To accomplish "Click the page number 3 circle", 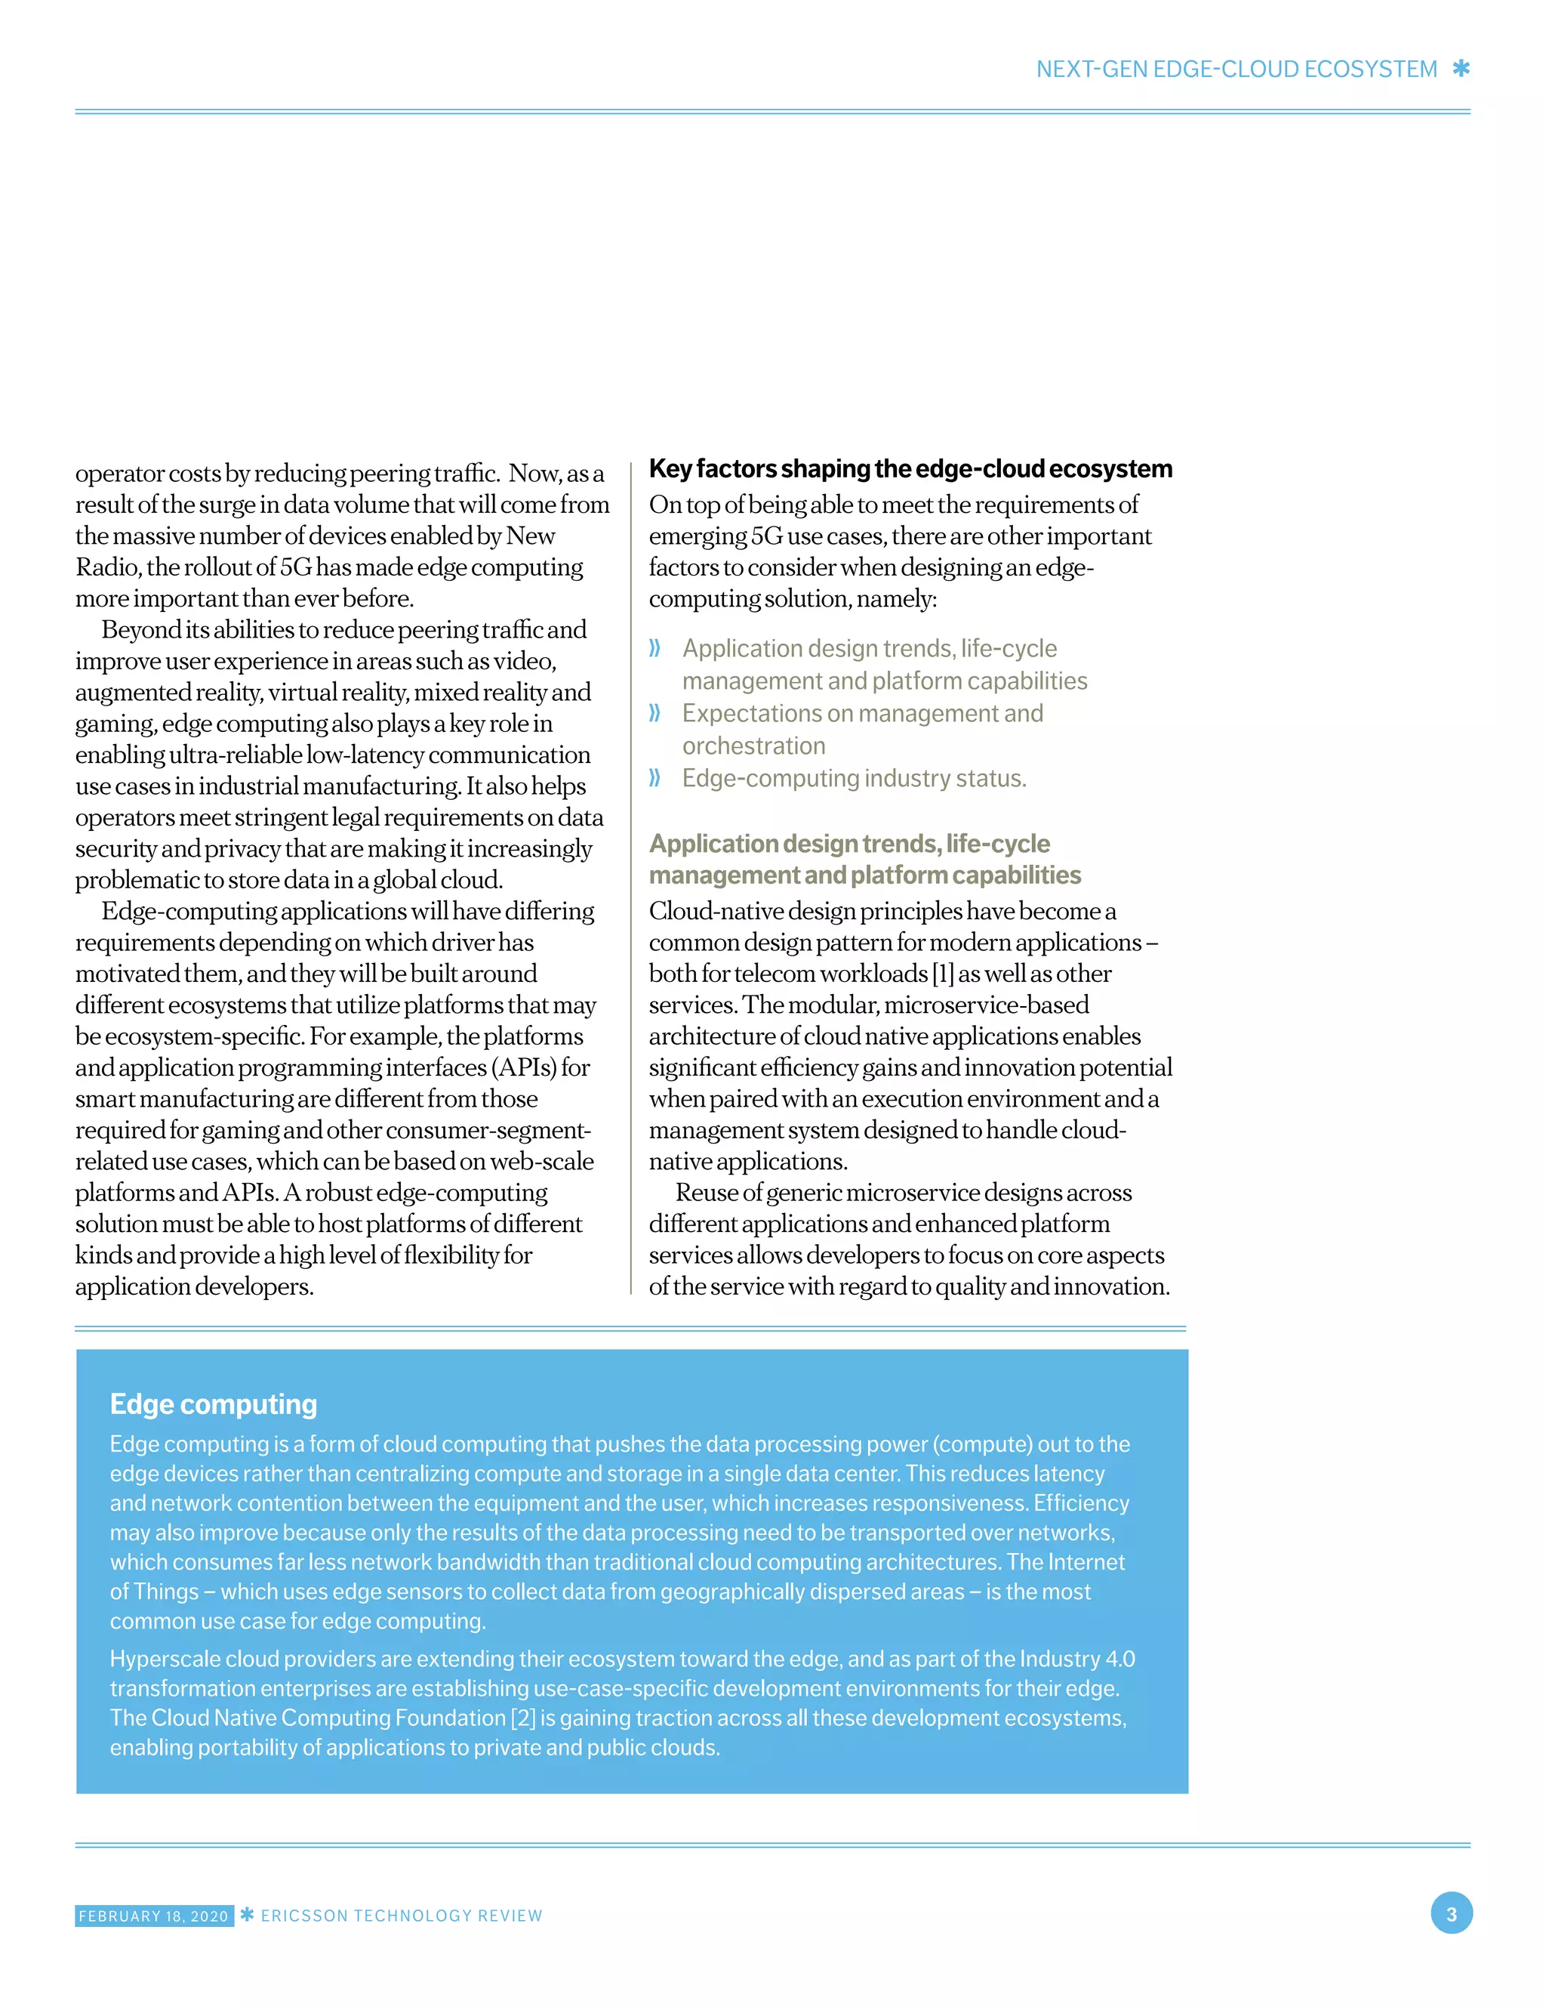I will coord(1450,1913).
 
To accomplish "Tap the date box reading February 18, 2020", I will coord(153,1915).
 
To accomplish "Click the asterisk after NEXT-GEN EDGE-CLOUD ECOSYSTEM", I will coord(1461,69).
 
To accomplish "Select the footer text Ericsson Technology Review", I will coord(402,1915).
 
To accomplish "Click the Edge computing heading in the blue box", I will coord(213,1403).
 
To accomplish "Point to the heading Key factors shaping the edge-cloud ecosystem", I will coord(910,468).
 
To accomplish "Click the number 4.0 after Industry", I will coord(1119,1659).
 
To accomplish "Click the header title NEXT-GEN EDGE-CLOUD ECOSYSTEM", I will coord(1236,69).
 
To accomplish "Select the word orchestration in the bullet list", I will coord(753,746).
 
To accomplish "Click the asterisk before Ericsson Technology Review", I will coord(247,1914).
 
